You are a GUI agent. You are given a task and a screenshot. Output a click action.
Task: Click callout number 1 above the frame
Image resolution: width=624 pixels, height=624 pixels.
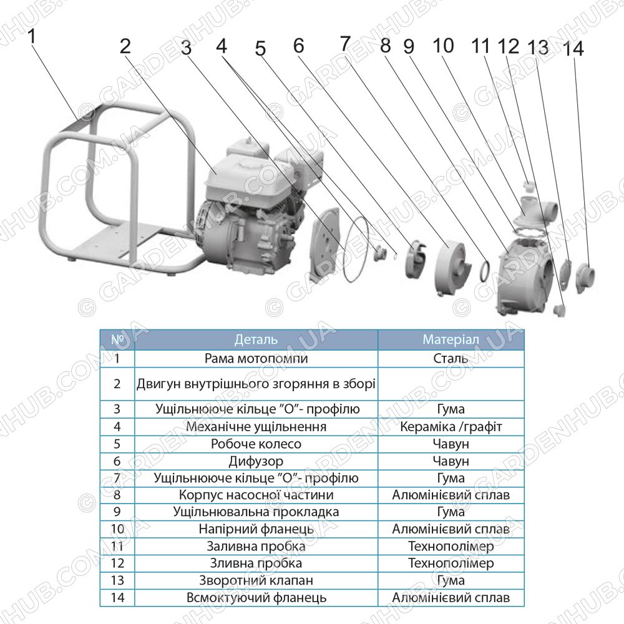[x=32, y=36]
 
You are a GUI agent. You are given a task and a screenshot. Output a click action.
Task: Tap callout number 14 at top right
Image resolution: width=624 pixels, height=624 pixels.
[x=573, y=49]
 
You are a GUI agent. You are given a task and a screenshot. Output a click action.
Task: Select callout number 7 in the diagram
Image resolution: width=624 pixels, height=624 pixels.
[x=345, y=44]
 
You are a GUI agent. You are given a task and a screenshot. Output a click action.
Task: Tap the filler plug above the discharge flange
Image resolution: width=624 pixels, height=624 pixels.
[x=529, y=186]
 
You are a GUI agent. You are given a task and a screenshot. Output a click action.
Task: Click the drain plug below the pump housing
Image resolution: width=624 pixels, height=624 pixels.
[x=558, y=310]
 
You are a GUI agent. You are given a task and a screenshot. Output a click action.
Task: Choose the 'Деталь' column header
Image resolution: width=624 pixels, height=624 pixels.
[x=256, y=339]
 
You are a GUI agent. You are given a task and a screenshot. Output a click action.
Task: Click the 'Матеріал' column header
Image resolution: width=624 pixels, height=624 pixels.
[x=451, y=339]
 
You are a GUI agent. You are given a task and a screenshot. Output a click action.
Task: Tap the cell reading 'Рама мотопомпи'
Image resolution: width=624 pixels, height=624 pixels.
[x=256, y=358]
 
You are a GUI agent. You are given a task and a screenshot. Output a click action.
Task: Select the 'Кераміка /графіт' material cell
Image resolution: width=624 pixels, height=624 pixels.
[x=451, y=427]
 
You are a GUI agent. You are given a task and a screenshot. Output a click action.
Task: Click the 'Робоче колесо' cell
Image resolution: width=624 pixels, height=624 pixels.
[x=256, y=444]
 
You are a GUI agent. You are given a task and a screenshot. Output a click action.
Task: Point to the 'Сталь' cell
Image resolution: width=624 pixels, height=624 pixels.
[x=451, y=358]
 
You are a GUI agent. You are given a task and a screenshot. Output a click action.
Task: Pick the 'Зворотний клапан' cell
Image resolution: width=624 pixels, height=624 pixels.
[x=256, y=580]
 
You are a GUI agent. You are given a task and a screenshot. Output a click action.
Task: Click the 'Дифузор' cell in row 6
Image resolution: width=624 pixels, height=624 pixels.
[x=256, y=461]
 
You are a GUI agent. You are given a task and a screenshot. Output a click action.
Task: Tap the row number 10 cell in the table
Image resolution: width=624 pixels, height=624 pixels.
[x=117, y=529]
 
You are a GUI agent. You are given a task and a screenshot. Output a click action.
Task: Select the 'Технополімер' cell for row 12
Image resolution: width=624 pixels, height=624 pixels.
[x=451, y=563]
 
